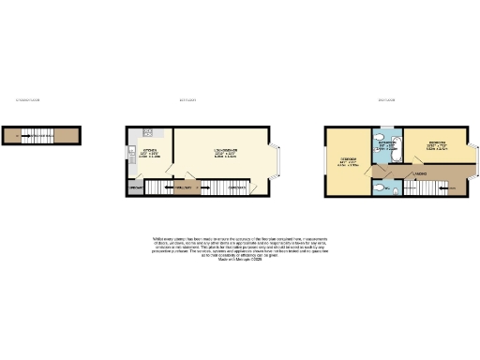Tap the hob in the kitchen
pyautogui.click(x=147, y=131)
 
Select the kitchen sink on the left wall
pyautogui.click(x=132, y=147)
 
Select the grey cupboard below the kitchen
pyautogui.click(x=134, y=188)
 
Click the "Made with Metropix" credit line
pyautogui.click(x=240, y=257)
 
